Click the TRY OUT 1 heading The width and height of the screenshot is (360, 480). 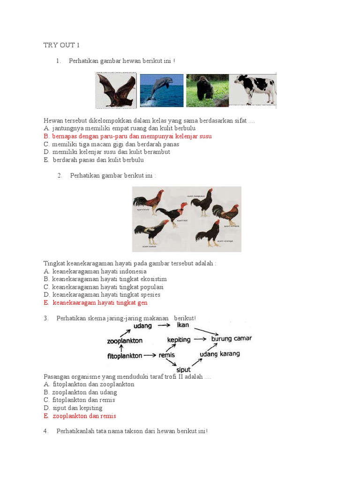point(62,45)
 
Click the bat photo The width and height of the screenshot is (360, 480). point(116,90)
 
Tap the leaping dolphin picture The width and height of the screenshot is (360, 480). point(161,90)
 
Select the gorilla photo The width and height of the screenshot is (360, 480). point(207,90)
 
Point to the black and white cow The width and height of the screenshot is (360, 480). point(255,89)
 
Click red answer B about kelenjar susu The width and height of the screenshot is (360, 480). point(127,136)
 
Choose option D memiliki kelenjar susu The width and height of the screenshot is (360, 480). point(107,152)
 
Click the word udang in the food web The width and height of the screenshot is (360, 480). point(142,326)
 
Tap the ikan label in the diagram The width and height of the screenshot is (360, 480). point(182,325)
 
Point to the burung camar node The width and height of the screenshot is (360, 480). point(232,338)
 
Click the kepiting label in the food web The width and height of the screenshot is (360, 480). point(179,339)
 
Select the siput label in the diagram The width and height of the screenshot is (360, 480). point(183,370)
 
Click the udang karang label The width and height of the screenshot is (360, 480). point(220,354)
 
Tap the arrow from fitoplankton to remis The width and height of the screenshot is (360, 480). point(150,356)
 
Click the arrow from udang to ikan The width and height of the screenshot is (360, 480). point(163,325)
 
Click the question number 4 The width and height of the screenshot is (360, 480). point(46,431)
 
